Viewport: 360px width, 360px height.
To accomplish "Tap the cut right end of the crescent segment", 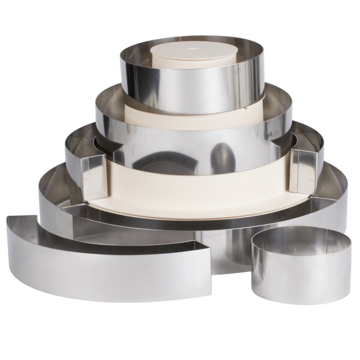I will pyautogui.click(x=207, y=273).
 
